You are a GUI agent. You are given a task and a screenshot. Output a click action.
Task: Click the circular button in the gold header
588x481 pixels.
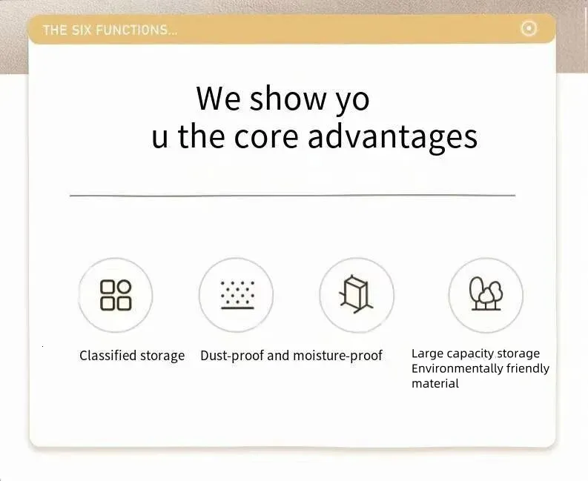529,28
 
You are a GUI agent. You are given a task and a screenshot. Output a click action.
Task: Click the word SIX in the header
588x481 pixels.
82,30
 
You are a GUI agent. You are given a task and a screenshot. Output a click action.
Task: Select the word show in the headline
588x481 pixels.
288,99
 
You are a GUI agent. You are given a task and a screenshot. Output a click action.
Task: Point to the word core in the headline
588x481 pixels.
266,136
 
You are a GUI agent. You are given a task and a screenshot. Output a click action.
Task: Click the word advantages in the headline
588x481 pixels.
393,139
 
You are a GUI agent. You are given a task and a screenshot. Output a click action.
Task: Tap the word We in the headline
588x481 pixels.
218,99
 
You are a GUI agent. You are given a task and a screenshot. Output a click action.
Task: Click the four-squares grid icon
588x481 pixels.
116,295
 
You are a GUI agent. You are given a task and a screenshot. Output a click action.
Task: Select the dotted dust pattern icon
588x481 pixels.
237,295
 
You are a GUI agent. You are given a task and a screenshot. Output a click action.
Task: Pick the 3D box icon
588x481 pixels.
355,294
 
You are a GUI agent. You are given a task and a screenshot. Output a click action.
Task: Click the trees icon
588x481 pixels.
486,293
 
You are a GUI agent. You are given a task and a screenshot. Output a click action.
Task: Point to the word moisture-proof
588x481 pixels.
337,356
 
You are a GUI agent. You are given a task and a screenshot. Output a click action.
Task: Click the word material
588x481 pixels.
435,383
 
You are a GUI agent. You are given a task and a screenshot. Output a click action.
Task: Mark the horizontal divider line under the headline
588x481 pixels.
292,196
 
